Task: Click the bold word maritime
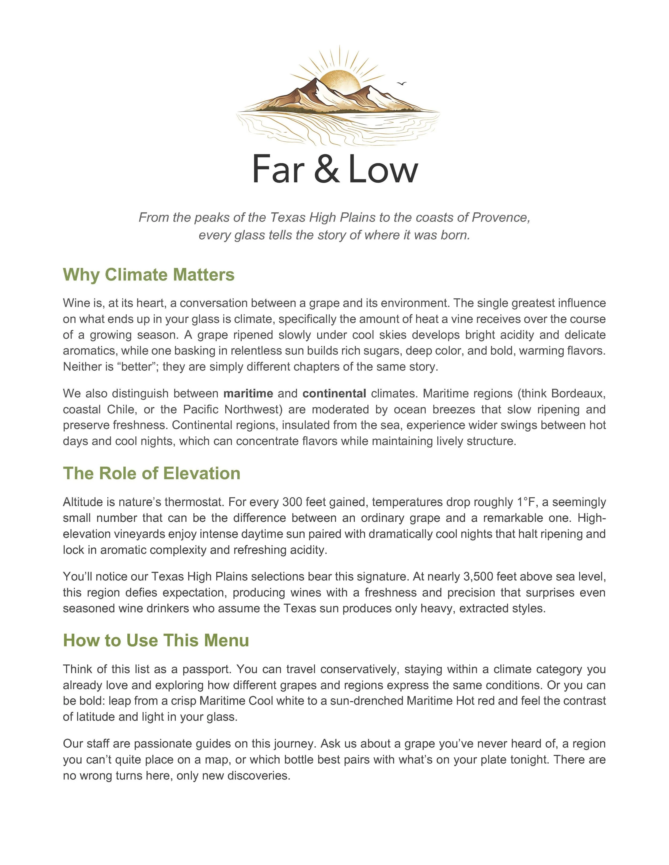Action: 248,393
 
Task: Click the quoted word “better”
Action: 138,366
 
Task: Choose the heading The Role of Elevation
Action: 151,473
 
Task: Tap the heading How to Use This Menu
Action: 156,640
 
